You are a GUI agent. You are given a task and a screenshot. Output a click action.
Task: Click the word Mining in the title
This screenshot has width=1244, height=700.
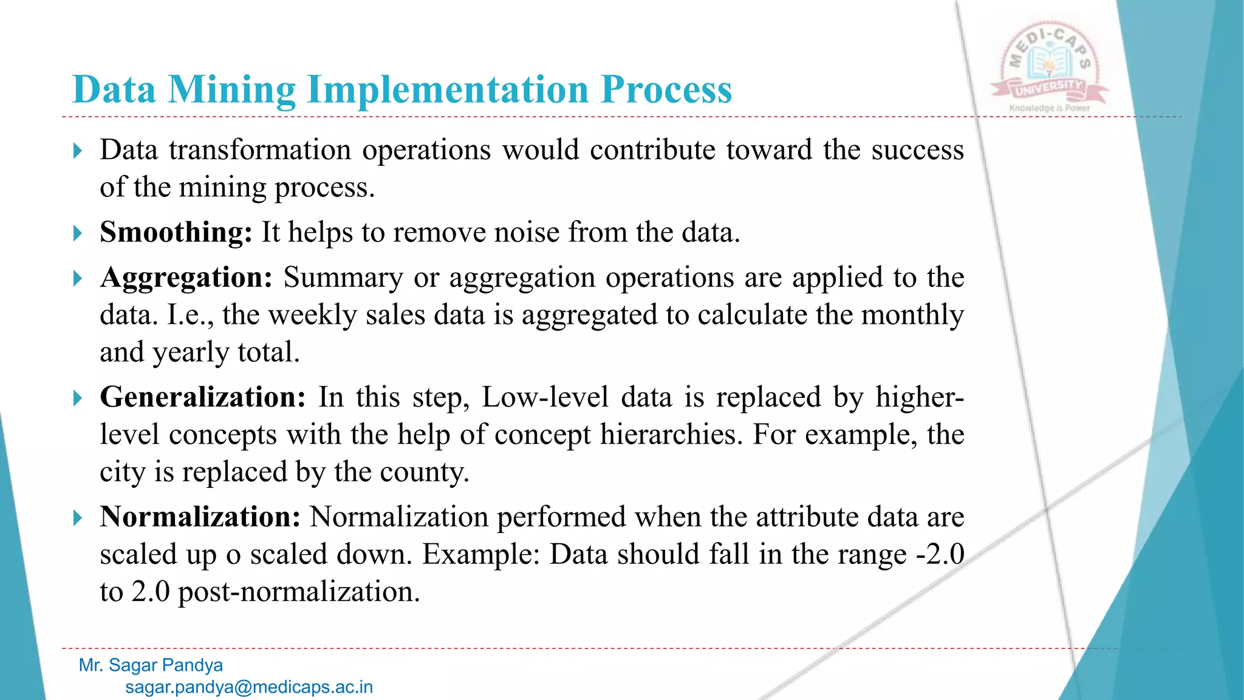point(231,90)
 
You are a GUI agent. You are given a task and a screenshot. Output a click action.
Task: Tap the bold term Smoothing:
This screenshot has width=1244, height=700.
point(176,232)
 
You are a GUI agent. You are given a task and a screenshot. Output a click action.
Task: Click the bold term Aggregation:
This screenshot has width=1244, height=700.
point(186,278)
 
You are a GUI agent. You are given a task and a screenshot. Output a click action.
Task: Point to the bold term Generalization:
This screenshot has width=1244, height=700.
point(203,397)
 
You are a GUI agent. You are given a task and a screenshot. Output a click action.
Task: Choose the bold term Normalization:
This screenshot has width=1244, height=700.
point(200,517)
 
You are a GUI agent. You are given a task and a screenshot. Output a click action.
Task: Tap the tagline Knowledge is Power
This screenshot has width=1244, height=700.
point(1050,108)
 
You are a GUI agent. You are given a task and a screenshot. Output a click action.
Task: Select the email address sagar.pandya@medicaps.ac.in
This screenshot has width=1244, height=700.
point(249,687)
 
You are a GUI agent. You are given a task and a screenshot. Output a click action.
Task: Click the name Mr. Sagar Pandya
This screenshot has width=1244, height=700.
point(151,665)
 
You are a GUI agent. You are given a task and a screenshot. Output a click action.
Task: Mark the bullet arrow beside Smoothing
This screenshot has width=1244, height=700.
point(77,233)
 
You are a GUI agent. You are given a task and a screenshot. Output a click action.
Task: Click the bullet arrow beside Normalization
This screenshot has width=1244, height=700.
point(77,518)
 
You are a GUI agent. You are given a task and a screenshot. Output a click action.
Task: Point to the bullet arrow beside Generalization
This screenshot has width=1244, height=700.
point(77,399)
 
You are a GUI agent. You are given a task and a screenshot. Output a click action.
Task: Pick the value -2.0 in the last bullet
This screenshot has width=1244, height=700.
point(940,554)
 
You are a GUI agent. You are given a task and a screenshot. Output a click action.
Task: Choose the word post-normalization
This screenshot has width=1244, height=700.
point(299,592)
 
